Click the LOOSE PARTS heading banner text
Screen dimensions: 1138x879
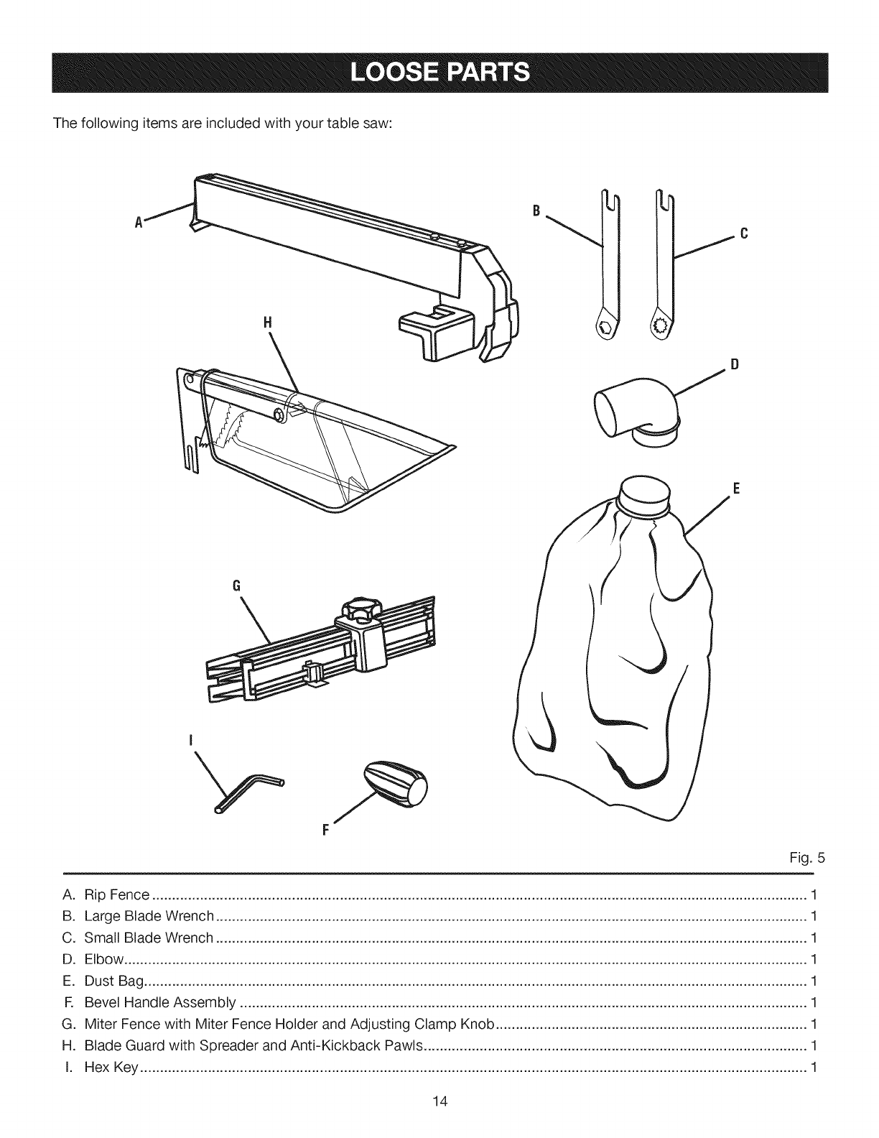click(439, 73)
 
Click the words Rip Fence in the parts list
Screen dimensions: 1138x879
click(116, 895)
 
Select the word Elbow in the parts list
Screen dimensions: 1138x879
click(104, 960)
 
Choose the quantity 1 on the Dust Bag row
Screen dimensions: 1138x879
click(813, 981)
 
